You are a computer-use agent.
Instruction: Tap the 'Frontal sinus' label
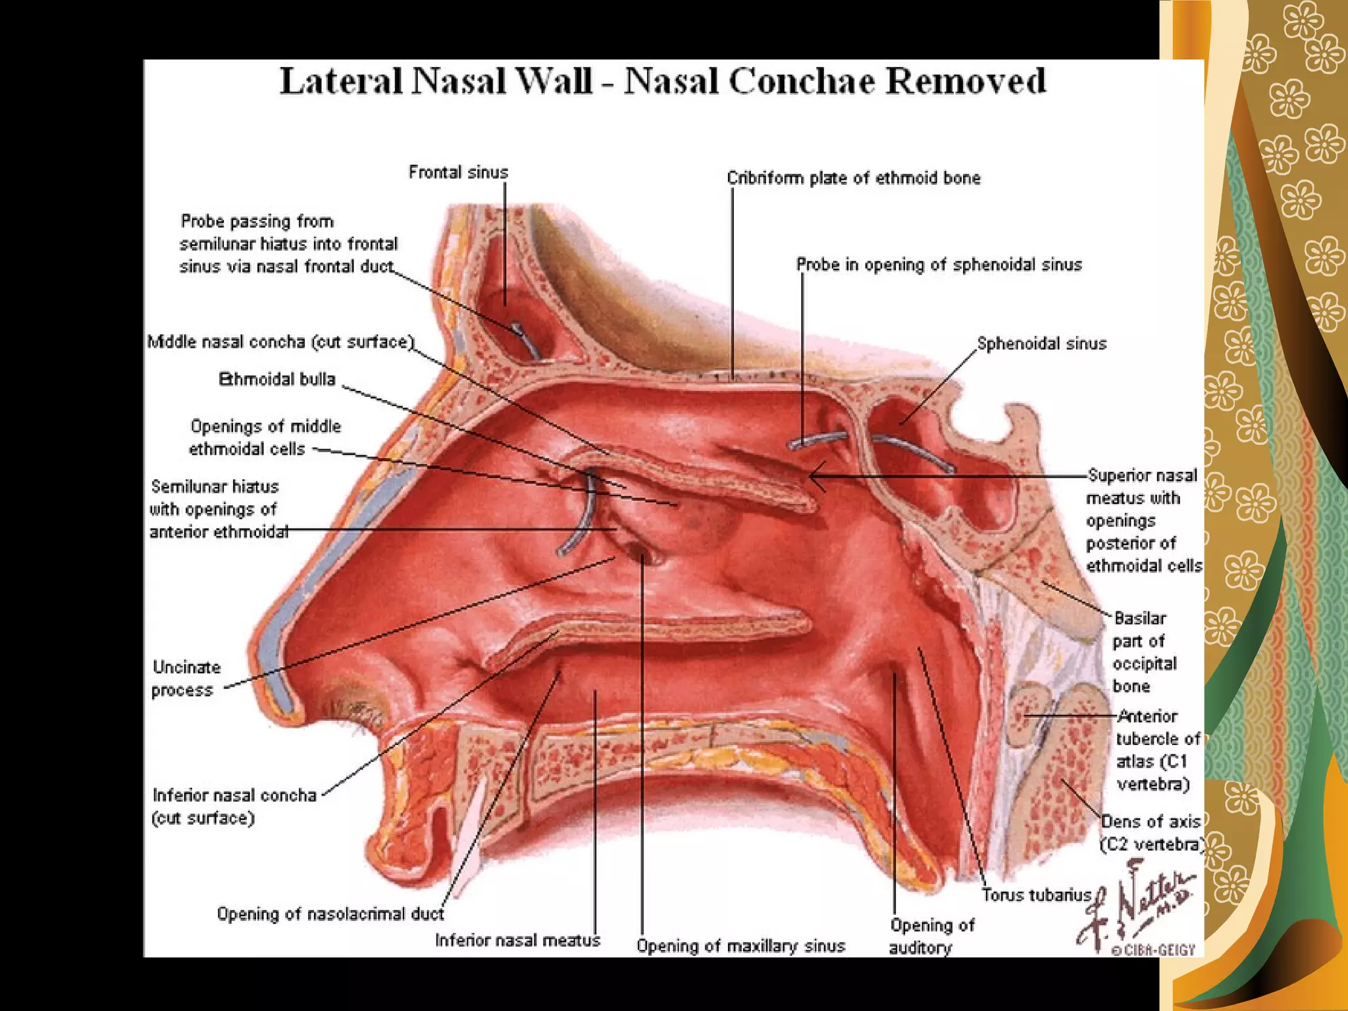click(458, 172)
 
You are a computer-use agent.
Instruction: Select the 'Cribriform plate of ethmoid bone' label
click(853, 178)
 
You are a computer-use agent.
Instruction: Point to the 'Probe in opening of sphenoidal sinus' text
click(939, 265)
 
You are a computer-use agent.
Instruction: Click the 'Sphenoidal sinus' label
click(1041, 344)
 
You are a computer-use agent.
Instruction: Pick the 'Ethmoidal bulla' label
click(277, 380)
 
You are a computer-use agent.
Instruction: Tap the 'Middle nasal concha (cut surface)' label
click(281, 342)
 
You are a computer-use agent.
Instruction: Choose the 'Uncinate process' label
click(186, 679)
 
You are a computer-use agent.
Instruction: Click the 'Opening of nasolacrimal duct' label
click(330, 914)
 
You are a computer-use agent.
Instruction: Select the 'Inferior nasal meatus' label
click(517, 941)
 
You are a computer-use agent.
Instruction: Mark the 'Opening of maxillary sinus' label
click(740, 946)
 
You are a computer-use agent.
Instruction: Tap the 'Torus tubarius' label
click(1036, 895)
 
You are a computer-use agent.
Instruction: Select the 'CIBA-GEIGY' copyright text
click(1153, 950)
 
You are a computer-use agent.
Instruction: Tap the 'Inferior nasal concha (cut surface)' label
click(234, 806)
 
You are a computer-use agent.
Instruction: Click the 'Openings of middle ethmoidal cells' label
click(265, 438)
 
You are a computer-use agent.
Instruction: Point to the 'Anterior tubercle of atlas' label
click(1157, 750)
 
